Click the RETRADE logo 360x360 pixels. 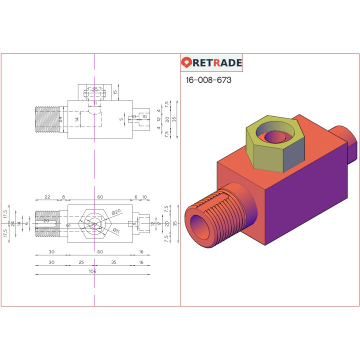[x=211, y=62]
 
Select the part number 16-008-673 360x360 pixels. [x=208, y=80]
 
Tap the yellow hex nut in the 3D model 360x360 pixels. [x=275, y=150]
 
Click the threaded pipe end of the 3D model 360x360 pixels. [x=210, y=217]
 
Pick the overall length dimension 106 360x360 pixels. [x=92, y=271]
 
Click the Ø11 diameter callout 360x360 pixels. [x=115, y=230]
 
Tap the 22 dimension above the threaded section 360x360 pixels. [x=47, y=197]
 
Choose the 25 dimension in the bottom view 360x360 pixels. [x=81, y=262]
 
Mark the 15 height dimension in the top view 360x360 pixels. [x=115, y=92]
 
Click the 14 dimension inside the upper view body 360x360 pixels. [x=76, y=119]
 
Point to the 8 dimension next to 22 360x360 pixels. [x=63, y=197]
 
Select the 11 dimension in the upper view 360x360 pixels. [x=94, y=103]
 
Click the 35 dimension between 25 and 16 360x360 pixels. [x=113, y=262]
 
